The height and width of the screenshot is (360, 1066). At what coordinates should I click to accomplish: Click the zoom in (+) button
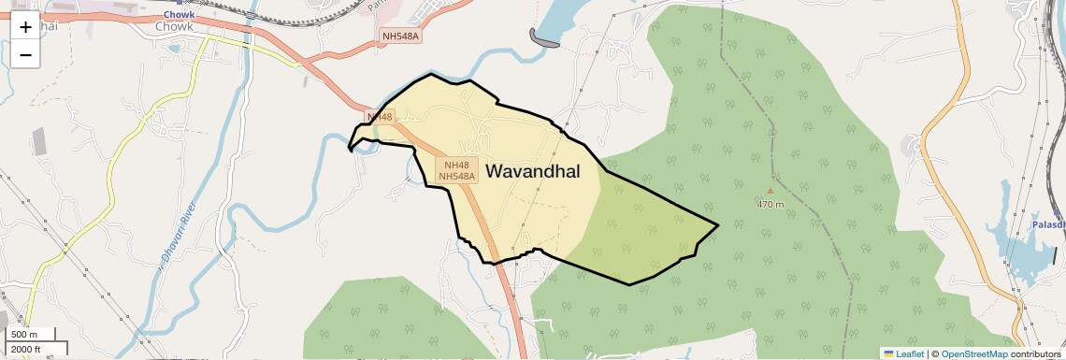coord(25,26)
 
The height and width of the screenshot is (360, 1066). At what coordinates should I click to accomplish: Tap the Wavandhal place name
coord(533,172)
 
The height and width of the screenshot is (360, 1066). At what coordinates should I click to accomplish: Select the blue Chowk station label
coord(178,15)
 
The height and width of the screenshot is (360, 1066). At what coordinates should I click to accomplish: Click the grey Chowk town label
coord(174,27)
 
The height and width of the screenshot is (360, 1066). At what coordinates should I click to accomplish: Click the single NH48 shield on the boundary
coord(381,117)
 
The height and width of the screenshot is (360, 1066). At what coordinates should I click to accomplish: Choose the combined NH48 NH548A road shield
coord(457,170)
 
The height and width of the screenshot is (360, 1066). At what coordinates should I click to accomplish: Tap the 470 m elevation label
coord(771,203)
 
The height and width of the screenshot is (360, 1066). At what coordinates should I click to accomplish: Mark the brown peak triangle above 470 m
coord(771,191)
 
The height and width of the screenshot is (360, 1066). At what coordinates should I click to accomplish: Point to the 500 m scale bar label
coord(24,335)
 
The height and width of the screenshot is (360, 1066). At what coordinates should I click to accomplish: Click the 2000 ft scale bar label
coord(26,350)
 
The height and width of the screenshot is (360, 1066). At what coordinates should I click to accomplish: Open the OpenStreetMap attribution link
coord(973,353)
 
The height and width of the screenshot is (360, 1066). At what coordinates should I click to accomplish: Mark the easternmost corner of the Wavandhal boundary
coord(717,224)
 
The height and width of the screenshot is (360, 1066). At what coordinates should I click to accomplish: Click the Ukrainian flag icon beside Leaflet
coord(888,353)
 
